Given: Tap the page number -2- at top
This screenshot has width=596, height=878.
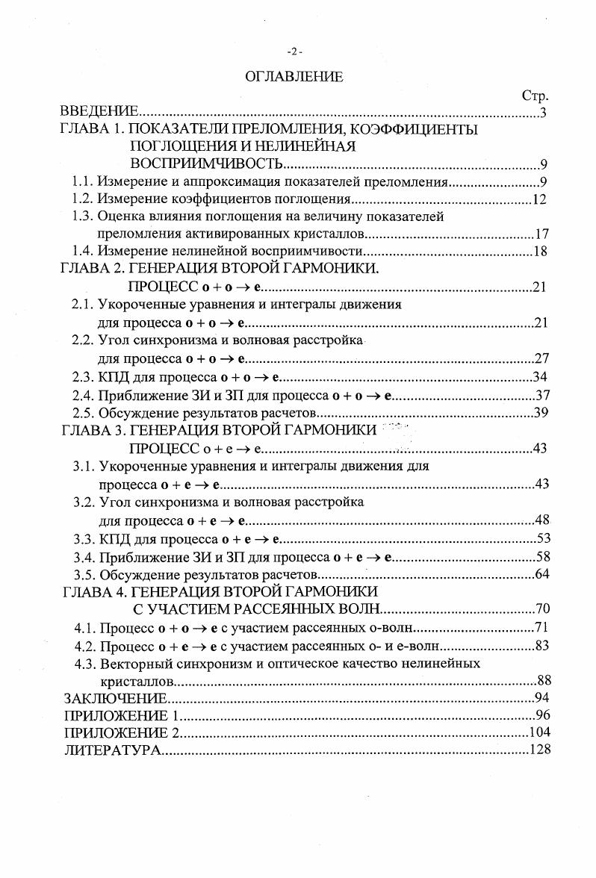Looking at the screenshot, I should [x=294, y=51].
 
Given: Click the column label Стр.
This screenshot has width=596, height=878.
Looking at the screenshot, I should [x=535, y=96].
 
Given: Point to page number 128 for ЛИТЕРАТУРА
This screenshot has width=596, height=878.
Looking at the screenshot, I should [x=539, y=750].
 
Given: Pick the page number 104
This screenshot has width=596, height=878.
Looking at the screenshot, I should [x=539, y=732].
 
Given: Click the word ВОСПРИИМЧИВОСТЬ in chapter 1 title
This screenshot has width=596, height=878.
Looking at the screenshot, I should [x=206, y=164].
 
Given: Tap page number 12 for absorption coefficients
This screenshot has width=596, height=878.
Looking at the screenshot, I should [x=541, y=199].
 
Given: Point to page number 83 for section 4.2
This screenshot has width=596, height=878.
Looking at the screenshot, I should [x=543, y=645].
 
